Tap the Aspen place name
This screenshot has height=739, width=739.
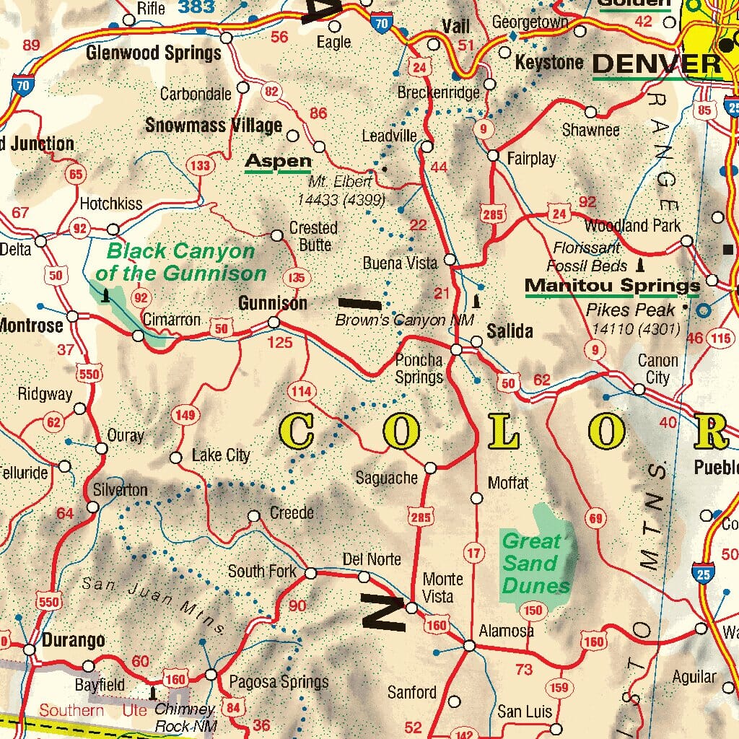tap(278, 162)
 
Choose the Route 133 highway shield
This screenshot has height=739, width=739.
tap(200, 165)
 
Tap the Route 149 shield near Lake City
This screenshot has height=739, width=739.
tap(185, 415)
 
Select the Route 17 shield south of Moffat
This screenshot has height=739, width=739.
tap(473, 554)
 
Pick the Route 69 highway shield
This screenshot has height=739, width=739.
tap(595, 518)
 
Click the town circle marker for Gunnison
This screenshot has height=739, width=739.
tap(274, 323)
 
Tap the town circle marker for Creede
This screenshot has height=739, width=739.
tap(254, 516)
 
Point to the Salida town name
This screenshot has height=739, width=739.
tap(510, 331)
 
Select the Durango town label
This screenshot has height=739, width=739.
tap(73, 640)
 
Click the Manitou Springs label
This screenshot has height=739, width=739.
tap(612, 286)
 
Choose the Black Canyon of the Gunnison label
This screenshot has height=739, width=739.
tap(180, 262)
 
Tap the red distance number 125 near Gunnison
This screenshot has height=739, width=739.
tap(280, 342)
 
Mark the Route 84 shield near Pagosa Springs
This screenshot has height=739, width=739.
tap(233, 707)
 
